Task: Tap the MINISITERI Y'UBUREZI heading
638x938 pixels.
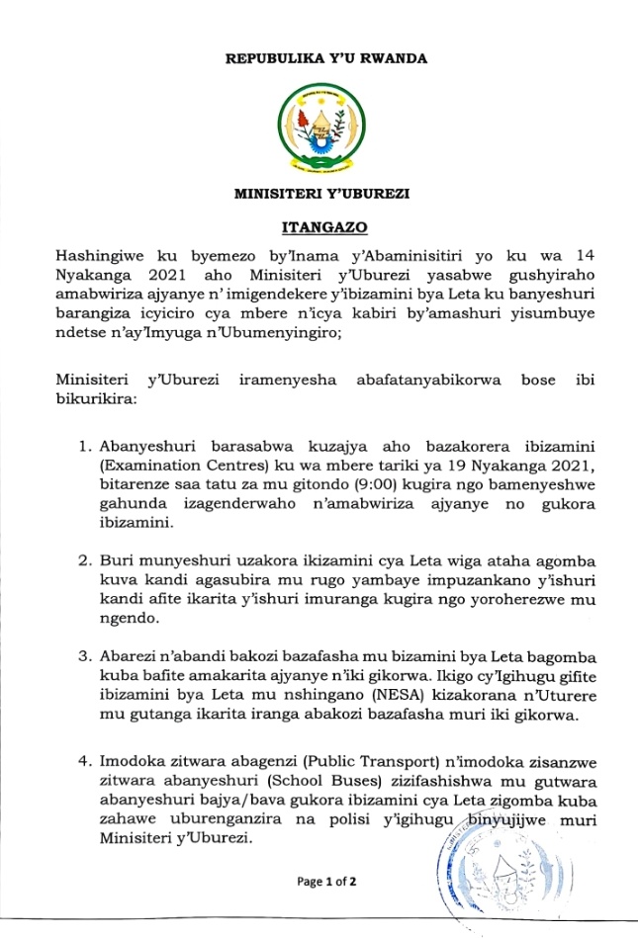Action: point(326,195)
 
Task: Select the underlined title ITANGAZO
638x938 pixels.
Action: point(326,229)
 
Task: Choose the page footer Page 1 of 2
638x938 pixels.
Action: point(326,881)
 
